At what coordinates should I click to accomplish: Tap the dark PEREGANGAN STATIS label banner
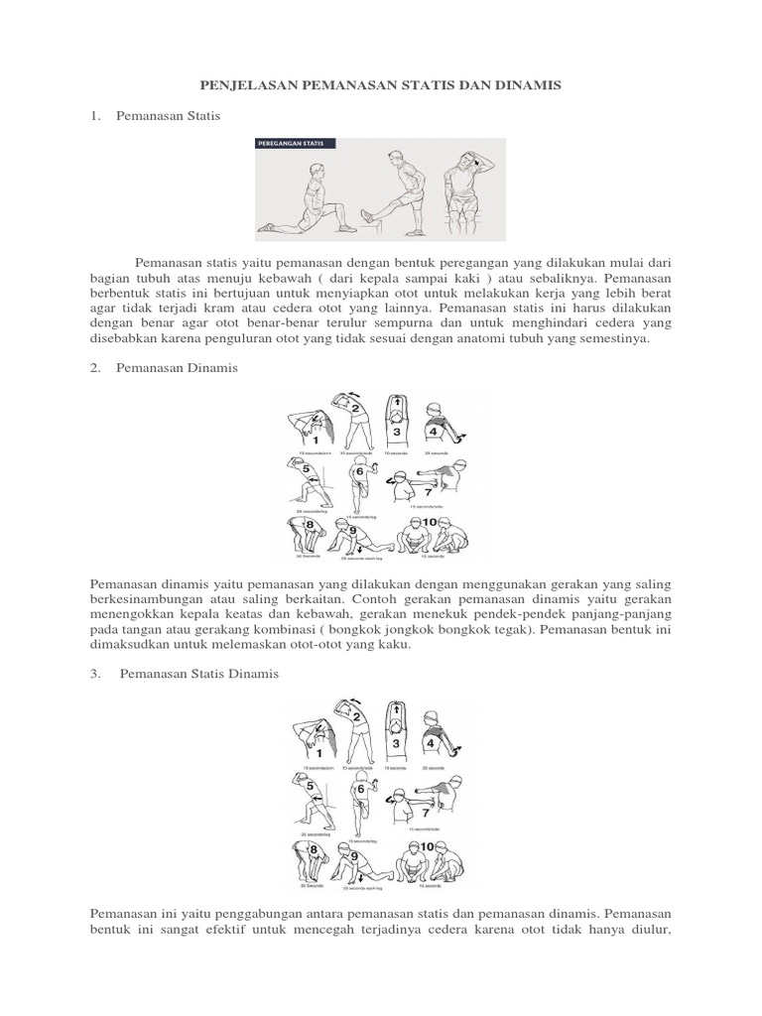coord(296,144)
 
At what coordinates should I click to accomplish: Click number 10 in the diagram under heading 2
coord(430,522)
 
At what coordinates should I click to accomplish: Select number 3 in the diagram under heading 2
coord(396,432)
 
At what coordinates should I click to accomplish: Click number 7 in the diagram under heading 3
coord(428,811)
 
